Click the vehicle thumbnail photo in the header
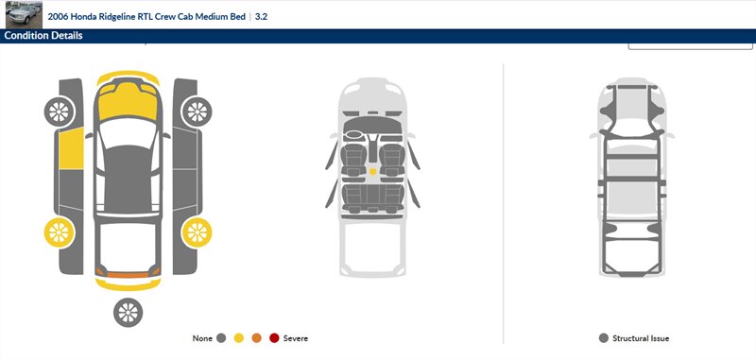(24, 14)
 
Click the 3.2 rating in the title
(262, 17)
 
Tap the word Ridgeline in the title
(111, 17)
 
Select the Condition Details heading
(43, 36)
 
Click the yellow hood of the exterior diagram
(128, 101)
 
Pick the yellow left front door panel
(71, 148)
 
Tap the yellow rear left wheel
(60, 232)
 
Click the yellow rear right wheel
(197, 232)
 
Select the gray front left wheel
(60, 111)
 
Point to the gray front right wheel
(197, 111)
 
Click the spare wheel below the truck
(129, 313)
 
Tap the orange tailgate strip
(128, 274)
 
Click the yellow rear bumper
(128, 284)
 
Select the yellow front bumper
(128, 76)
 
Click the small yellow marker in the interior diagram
(372, 171)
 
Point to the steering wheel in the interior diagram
(354, 134)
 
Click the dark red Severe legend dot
(274, 338)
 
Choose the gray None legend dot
(221, 338)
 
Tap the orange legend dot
(256, 338)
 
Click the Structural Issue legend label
(641, 338)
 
